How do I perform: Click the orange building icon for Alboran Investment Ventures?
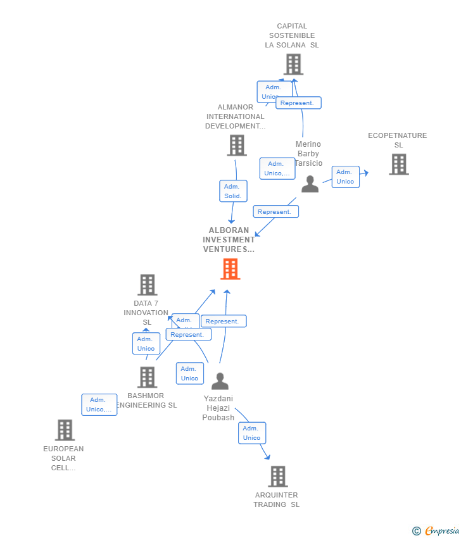(230, 269)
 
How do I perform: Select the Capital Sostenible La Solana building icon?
(293, 65)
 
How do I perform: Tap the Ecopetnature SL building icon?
(398, 165)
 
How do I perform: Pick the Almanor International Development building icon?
(236, 146)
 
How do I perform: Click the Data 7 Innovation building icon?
(147, 285)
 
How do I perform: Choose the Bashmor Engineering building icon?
(147, 377)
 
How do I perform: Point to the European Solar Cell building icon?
(65, 430)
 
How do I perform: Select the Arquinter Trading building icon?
(277, 477)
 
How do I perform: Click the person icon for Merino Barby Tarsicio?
(310, 184)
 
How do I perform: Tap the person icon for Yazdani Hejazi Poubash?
(220, 381)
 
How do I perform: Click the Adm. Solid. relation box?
(233, 191)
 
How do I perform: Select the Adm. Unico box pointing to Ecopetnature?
(345, 177)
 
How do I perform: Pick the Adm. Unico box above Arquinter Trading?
(251, 433)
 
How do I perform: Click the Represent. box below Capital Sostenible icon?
(298, 103)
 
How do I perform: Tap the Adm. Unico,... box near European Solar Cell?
(99, 404)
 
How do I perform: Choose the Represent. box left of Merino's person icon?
(275, 212)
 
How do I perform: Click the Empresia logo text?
(442, 531)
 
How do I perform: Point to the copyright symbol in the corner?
(416, 531)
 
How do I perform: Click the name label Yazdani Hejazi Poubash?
(218, 408)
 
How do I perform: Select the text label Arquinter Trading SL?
(277, 500)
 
